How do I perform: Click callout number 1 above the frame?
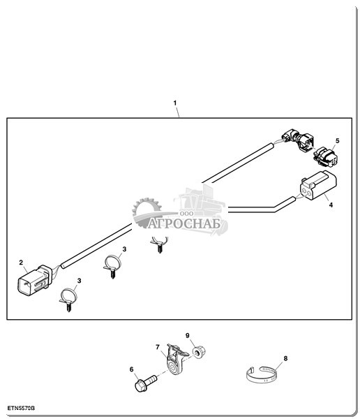[x=175, y=103]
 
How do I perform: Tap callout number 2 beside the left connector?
[x=21, y=263]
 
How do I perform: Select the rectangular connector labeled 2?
[x=33, y=280]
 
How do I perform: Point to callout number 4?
[x=331, y=205]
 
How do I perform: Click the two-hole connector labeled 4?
[x=318, y=185]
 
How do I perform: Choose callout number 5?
[x=337, y=141]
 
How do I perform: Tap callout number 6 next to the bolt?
[x=131, y=369]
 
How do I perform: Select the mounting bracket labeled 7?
[x=175, y=360]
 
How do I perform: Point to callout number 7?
[x=158, y=347]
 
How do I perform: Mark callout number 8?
[x=285, y=358]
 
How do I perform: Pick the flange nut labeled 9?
[x=199, y=351]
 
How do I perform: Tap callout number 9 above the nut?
[x=187, y=336]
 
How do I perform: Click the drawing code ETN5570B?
[x=21, y=408]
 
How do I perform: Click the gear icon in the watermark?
[x=147, y=210]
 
